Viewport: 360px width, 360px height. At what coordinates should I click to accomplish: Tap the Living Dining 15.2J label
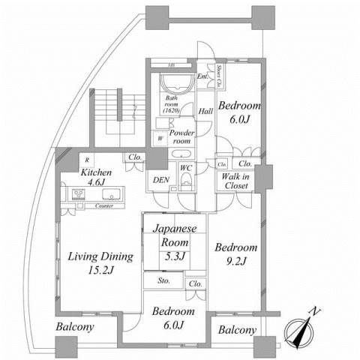click(100, 262)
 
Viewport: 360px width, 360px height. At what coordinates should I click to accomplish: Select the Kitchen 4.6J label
click(95, 176)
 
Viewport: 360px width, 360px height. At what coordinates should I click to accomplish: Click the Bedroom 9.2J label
click(236, 253)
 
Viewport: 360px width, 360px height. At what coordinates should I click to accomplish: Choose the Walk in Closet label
click(235, 181)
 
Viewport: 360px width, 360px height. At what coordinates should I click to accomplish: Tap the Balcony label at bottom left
click(74, 327)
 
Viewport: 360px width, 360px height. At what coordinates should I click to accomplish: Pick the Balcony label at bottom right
click(237, 330)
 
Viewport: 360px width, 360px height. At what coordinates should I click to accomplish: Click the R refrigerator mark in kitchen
click(88, 159)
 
